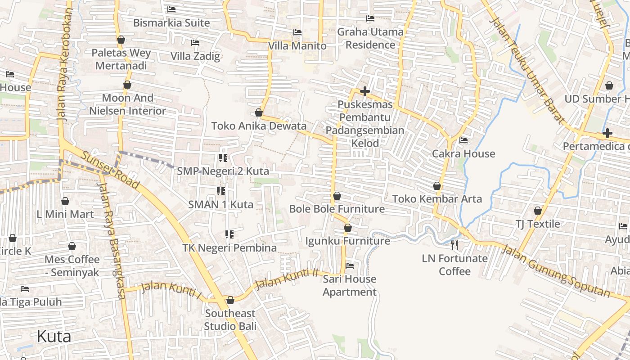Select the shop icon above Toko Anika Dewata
click(259, 112)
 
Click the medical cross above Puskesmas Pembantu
click(365, 92)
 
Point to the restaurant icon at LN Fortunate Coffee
click(454, 245)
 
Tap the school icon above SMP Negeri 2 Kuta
click(223, 158)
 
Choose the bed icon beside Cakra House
click(463, 140)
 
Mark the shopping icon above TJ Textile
click(537, 211)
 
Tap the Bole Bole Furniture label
click(337, 209)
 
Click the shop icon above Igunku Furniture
click(347, 228)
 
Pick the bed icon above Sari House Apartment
click(349, 265)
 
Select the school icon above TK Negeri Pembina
click(229, 234)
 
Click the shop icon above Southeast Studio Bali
click(230, 300)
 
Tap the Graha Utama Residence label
click(370, 38)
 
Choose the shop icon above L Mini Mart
click(65, 201)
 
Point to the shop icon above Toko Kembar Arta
click(436, 186)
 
